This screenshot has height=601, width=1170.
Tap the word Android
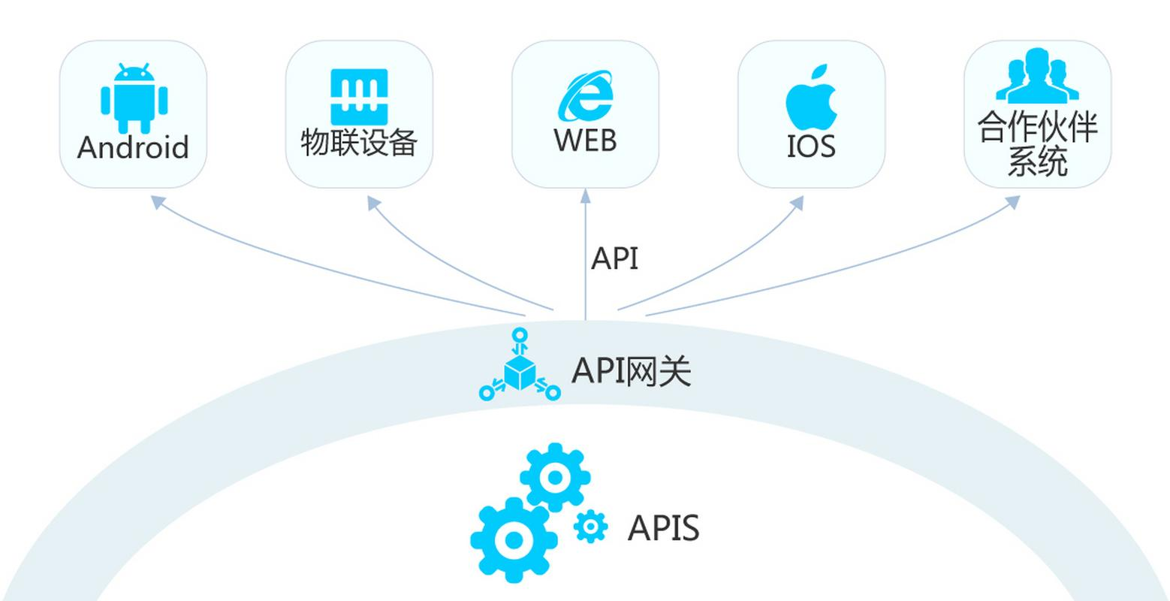click(133, 148)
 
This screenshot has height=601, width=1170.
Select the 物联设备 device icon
click(359, 97)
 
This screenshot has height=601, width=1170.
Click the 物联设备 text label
click(359, 142)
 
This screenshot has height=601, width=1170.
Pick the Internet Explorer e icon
click(585, 95)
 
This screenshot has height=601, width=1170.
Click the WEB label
click(585, 140)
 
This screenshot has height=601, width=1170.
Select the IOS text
click(811, 146)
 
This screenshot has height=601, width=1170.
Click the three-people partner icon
click(1037, 77)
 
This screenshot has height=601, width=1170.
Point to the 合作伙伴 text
click(1037, 127)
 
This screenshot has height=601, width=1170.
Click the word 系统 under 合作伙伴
click(1037, 162)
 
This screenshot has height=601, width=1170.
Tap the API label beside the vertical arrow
click(614, 258)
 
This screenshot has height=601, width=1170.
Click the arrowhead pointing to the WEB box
click(585, 197)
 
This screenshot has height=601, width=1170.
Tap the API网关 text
click(631, 370)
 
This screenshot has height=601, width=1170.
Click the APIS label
click(663, 528)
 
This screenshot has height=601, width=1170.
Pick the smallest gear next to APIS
click(590, 527)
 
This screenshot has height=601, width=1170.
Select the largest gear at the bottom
click(514, 539)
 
